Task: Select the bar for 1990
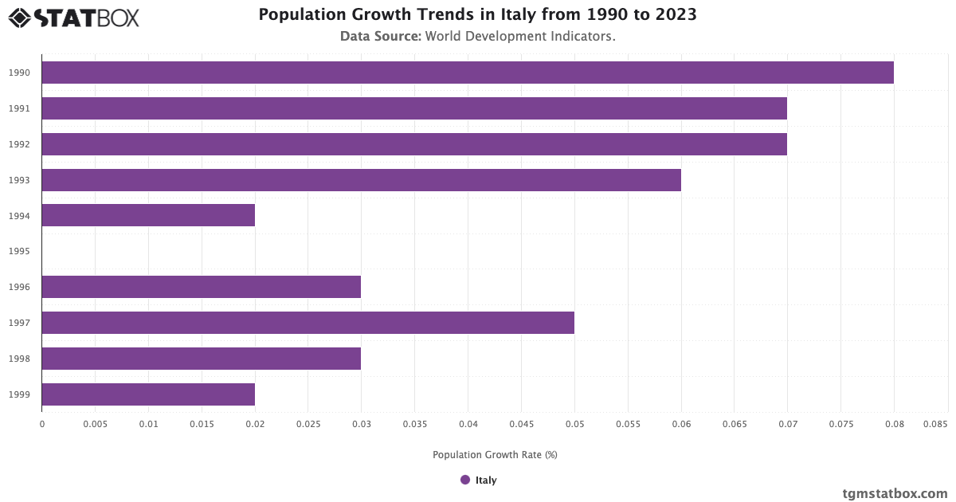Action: (468, 73)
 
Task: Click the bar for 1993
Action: (361, 180)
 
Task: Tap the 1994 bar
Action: (148, 215)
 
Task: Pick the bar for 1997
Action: (308, 323)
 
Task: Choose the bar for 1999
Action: (148, 394)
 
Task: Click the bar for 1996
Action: (201, 287)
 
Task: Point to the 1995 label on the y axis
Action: (19, 252)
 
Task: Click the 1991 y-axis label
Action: (19, 108)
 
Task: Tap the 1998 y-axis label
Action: (19, 359)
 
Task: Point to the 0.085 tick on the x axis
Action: (936, 426)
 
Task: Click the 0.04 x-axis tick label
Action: (468, 426)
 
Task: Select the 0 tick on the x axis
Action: (41, 426)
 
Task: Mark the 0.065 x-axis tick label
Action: (735, 426)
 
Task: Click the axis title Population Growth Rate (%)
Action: (495, 455)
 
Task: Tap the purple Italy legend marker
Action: (465, 480)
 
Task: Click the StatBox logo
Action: (74, 18)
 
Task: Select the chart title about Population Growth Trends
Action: (478, 15)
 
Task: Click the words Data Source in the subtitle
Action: (380, 37)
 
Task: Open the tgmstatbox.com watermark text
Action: (895, 493)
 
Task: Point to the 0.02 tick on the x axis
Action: (255, 426)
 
